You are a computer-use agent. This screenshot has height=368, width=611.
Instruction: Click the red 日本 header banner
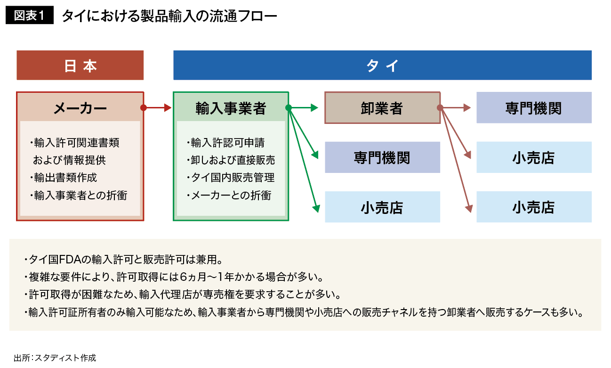[80, 65]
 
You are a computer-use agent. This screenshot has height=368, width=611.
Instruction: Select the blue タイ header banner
[382, 65]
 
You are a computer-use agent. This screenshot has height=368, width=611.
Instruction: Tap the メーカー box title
[80, 108]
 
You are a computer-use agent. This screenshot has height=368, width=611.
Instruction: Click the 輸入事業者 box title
[231, 108]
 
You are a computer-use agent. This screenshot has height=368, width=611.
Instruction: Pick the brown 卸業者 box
[382, 108]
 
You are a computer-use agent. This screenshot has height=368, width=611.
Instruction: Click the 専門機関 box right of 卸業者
[534, 108]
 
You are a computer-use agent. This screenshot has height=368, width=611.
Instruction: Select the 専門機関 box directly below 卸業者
[382, 157]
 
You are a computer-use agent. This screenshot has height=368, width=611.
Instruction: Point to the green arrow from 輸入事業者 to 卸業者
[306, 108]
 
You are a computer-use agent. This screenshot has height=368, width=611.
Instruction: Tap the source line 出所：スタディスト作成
[55, 358]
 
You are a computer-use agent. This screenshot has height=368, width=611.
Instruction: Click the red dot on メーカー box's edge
[144, 108]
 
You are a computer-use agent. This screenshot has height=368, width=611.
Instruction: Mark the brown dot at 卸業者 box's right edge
[440, 108]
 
